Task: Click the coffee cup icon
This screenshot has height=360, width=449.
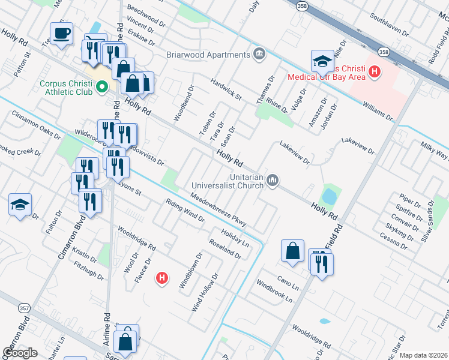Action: tap(61, 34)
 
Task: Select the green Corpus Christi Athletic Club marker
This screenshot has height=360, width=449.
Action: tap(101, 86)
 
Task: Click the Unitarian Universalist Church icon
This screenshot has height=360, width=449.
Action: tap(273, 179)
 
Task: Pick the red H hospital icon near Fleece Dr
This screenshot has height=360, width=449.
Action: tap(161, 278)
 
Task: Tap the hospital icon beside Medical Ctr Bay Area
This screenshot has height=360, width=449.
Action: tap(375, 72)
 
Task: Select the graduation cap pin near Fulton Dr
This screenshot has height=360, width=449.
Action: tap(20, 205)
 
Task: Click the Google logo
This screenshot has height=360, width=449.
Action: tap(20, 353)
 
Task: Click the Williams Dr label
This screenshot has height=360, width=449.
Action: tap(378, 110)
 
